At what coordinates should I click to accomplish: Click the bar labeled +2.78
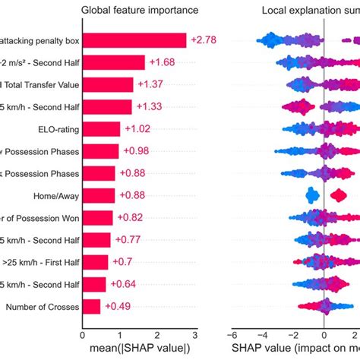coord(134,40)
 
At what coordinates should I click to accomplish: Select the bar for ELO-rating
coord(101,129)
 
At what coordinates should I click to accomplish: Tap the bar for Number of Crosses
coord(91,306)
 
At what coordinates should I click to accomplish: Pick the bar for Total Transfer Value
coord(108,84)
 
